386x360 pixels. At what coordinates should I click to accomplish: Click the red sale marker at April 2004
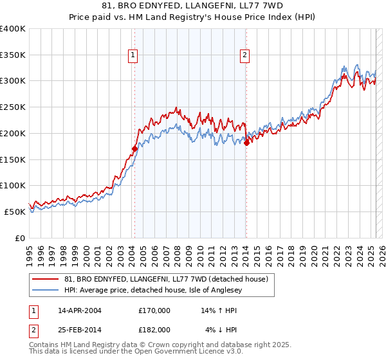(134, 148)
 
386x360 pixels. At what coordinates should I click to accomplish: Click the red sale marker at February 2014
(246, 143)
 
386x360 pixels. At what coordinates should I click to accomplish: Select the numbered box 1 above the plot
(133, 56)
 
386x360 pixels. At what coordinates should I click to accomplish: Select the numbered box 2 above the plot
(245, 56)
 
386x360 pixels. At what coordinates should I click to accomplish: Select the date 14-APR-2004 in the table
(80, 310)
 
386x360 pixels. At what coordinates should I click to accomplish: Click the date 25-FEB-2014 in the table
(80, 330)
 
